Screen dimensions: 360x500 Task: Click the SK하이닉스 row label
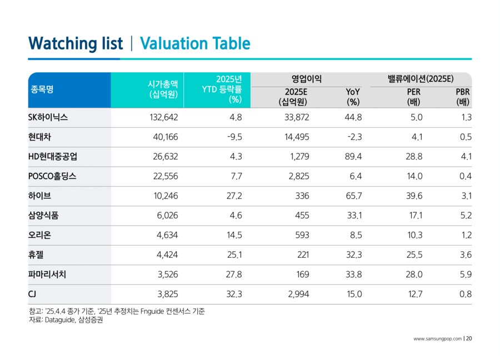[x=48, y=118]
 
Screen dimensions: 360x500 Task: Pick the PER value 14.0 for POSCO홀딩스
[x=414, y=177]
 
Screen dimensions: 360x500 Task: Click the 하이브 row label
[x=39, y=196]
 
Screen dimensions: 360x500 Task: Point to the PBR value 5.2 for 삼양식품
[x=466, y=216]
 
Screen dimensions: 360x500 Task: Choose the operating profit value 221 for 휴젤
[x=301, y=255]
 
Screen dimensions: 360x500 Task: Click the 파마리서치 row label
[x=47, y=274]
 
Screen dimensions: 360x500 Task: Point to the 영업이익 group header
[x=306, y=79]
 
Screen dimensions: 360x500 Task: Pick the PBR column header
[x=463, y=97]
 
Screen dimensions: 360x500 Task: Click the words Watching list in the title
[x=75, y=44]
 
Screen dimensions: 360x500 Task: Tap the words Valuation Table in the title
[x=195, y=44]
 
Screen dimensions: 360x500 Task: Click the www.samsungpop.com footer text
[x=437, y=339]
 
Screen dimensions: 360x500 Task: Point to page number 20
[x=469, y=339]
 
